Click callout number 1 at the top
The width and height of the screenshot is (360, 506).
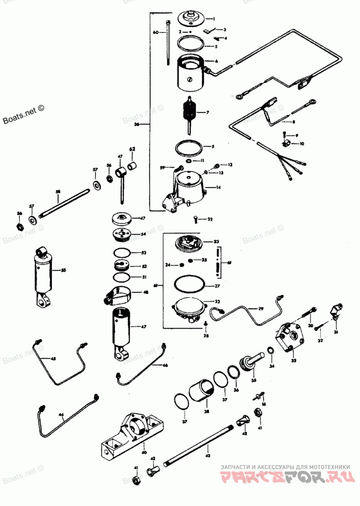coord(214,19)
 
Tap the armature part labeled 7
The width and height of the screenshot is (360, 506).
coord(189,113)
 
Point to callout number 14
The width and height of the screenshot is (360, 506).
coord(218,187)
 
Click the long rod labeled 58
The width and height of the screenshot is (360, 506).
coord(64,203)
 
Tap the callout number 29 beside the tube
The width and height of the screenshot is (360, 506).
coord(260,308)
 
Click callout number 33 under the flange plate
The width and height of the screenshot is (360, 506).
coord(293,361)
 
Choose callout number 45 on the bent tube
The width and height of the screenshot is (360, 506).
coord(53,358)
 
